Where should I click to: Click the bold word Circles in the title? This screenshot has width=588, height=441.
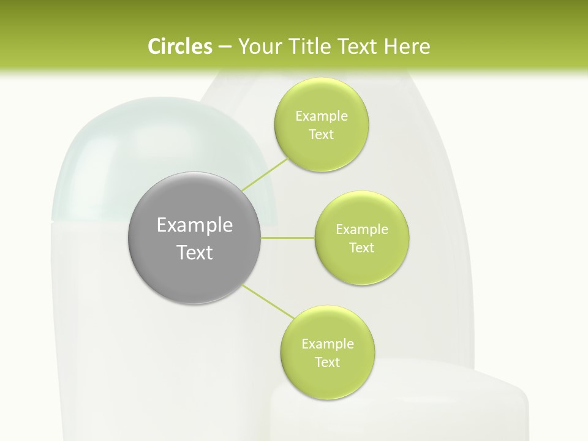coord(179,47)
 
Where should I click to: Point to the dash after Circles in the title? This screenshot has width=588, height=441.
coord(225,47)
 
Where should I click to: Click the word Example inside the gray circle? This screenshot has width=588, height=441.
coord(195,225)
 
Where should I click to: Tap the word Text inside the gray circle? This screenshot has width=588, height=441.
coord(195,252)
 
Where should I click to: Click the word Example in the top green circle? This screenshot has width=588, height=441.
coord(321,116)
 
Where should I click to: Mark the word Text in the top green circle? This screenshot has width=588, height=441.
coord(321,135)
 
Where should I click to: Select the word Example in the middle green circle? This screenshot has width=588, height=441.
coord(361,230)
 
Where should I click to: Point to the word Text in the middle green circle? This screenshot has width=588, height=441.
coord(361,248)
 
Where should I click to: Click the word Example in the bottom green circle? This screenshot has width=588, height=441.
coord(327,344)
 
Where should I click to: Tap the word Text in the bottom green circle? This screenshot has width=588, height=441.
coord(327,363)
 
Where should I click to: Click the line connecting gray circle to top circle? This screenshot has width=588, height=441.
coord(265,173)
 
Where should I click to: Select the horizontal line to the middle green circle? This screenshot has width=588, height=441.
coord(288,238)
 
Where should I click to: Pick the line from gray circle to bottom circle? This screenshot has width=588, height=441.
coord(268,301)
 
